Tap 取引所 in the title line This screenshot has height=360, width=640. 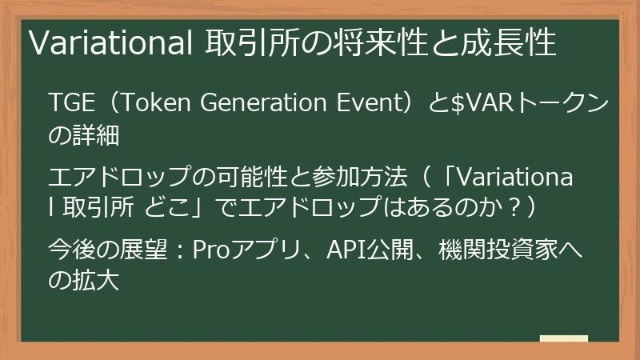point(238,43)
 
